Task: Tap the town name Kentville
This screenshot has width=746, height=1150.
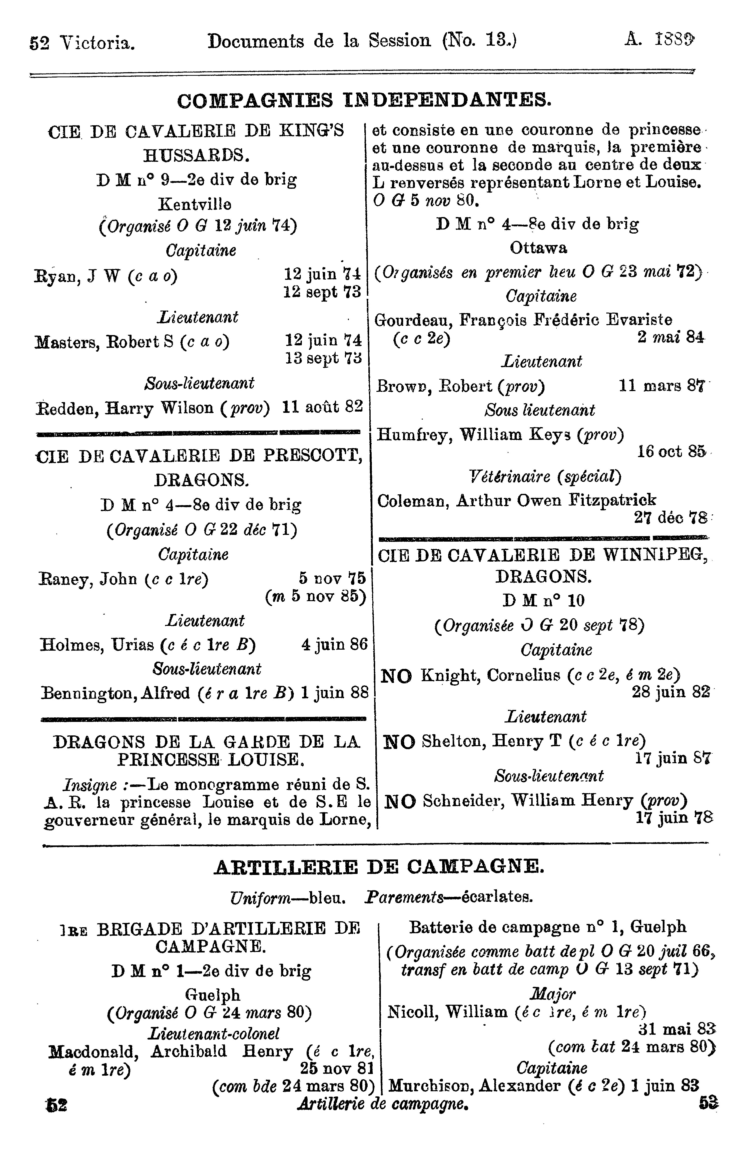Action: coord(195,204)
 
